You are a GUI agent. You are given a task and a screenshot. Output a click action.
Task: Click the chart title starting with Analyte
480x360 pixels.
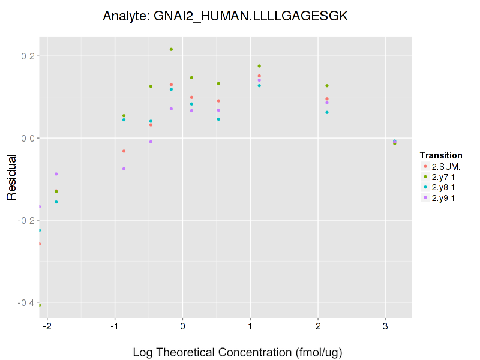point(225,16)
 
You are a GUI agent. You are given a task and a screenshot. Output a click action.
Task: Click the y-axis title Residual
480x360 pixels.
point(11,179)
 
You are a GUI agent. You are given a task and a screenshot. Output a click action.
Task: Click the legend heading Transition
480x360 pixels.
point(441,155)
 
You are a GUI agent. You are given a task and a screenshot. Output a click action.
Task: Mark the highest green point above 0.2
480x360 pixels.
point(171,49)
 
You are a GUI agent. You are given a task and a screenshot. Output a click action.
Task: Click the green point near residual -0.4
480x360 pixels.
point(40,305)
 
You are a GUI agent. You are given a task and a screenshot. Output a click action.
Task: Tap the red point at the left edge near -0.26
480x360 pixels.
point(40,244)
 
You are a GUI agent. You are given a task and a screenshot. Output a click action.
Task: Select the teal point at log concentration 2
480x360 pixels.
point(327,112)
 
